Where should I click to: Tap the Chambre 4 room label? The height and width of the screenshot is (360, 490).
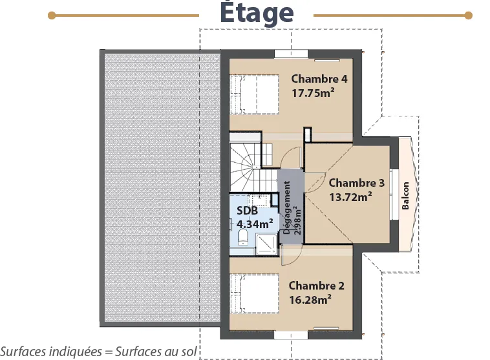click(x=319, y=79)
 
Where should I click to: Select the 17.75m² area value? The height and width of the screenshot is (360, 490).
click(x=313, y=93)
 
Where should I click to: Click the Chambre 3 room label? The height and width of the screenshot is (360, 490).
click(x=357, y=183)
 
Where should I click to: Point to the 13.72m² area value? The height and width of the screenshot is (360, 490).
click(x=350, y=197)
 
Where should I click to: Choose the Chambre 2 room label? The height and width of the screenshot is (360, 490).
click(x=316, y=286)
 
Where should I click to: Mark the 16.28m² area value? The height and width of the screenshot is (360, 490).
click(x=310, y=300)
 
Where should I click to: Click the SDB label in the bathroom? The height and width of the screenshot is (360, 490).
click(x=247, y=211)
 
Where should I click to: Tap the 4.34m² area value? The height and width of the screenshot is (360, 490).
click(x=255, y=224)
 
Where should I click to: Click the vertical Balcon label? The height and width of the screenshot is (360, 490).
click(x=405, y=196)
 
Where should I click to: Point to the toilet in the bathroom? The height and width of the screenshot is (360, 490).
click(x=243, y=237)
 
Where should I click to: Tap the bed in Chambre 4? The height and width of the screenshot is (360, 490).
click(x=255, y=94)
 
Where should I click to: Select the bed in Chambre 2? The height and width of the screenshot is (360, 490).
click(x=255, y=293)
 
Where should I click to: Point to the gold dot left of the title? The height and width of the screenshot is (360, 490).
click(x=52, y=16)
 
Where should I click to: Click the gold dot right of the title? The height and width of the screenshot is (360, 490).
click(x=468, y=16)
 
